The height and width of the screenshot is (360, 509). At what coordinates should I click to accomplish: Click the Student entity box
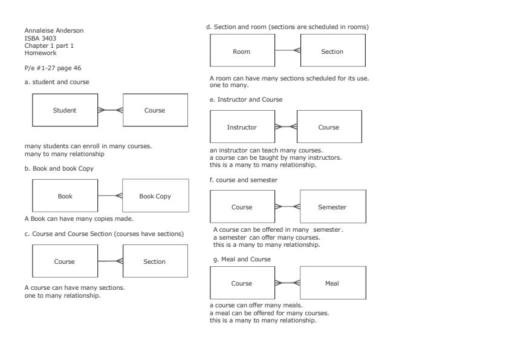click(x=65, y=110)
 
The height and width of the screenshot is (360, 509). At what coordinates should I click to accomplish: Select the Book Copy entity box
click(x=155, y=196)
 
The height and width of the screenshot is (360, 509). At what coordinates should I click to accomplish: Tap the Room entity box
click(x=242, y=51)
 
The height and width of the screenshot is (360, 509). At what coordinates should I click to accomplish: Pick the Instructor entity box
click(x=242, y=127)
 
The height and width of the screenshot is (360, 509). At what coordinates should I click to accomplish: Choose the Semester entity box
click(x=332, y=207)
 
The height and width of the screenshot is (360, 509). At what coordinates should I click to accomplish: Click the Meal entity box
click(x=332, y=283)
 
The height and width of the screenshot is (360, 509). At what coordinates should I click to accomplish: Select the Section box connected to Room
click(x=332, y=51)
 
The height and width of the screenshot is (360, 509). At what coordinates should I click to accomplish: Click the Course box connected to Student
click(x=155, y=110)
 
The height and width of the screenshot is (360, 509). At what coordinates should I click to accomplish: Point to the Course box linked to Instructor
click(x=328, y=127)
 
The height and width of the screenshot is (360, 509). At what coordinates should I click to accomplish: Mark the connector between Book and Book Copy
click(x=110, y=196)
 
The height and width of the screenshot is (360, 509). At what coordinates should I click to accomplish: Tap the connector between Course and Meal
click(x=287, y=283)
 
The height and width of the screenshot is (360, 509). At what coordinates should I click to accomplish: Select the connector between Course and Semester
click(x=287, y=207)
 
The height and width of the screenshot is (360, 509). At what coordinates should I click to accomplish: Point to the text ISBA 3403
click(x=40, y=38)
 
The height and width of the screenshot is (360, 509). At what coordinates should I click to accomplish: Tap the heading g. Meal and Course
click(x=240, y=259)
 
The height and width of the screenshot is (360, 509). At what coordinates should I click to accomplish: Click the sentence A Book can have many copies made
click(x=79, y=218)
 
